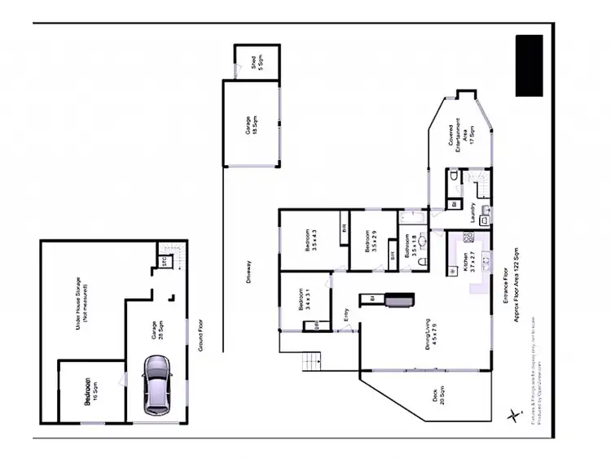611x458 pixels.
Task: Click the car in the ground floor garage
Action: coord(156,386)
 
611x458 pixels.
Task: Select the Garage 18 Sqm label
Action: coord(251,127)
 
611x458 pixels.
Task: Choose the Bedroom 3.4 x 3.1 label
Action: coord(304,299)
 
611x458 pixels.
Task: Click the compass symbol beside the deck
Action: coord(512,414)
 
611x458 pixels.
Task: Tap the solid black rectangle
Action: coord(529,65)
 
